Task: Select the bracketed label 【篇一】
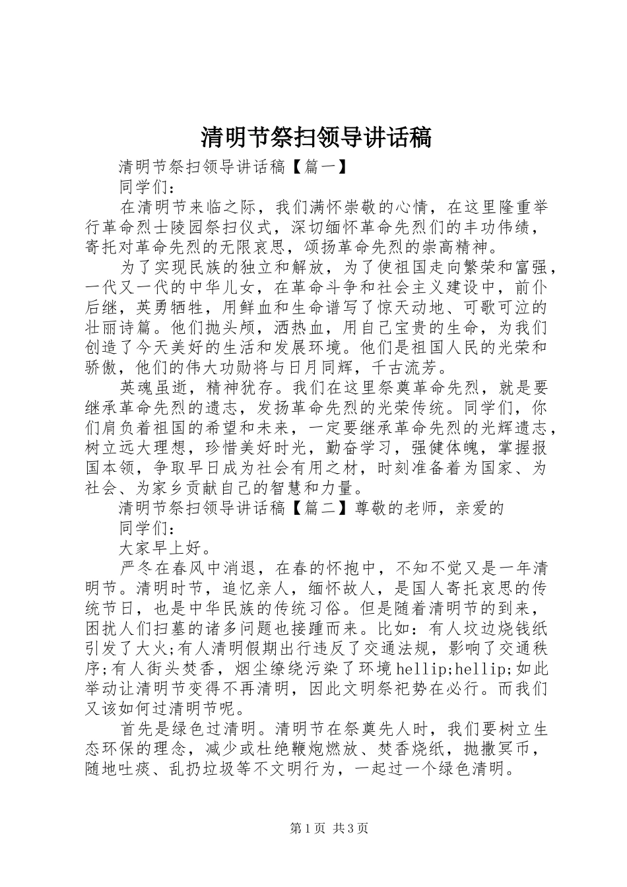coord(319,168)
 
